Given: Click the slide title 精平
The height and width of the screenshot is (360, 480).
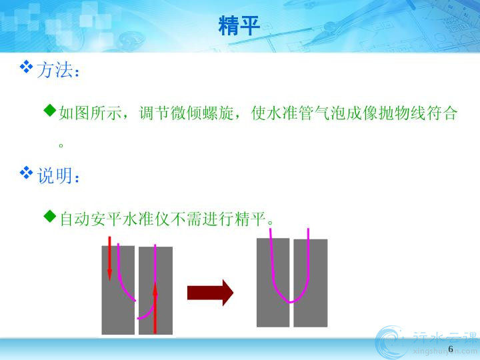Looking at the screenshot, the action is click(239, 26).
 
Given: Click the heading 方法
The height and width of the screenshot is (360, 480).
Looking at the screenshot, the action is click(55, 70).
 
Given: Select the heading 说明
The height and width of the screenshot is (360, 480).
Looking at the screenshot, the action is click(55, 175).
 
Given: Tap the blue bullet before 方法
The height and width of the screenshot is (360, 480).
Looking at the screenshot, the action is click(26, 67).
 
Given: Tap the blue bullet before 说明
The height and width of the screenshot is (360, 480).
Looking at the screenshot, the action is click(26, 173).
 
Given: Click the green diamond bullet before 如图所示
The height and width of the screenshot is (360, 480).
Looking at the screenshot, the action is click(50, 110).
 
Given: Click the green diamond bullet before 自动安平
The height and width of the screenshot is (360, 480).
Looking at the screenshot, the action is click(50, 217).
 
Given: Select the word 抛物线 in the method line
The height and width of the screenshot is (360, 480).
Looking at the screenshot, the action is click(403, 113).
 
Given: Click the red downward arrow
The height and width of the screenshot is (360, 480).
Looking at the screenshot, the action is click(109, 259).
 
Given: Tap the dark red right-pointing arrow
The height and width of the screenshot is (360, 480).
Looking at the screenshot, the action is click(210, 293).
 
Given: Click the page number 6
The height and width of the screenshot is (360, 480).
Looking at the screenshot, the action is click(450, 349).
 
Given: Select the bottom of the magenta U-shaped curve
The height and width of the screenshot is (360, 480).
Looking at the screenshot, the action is click(290, 302).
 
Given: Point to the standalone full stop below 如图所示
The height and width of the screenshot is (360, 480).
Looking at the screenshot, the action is click(61, 145).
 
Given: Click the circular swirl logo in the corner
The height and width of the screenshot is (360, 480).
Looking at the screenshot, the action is click(392, 342).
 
